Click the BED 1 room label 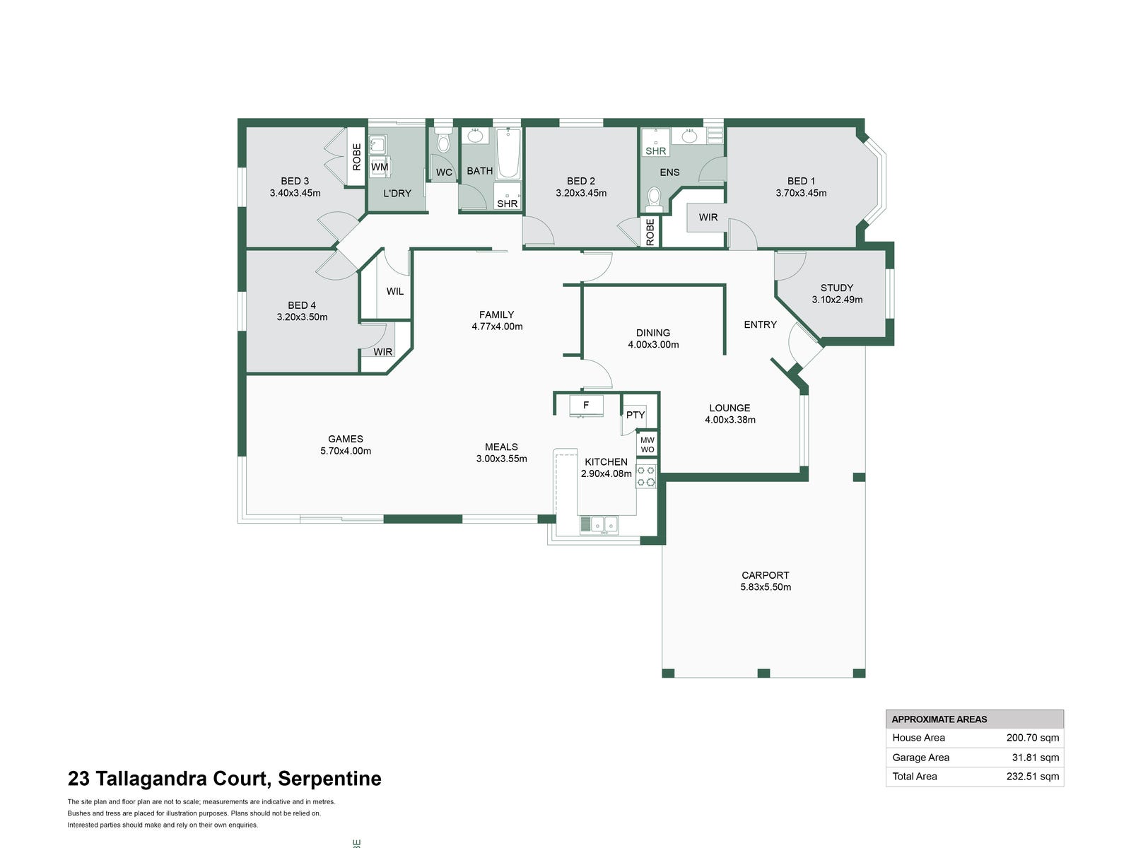click(801, 181)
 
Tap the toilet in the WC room click(443, 143)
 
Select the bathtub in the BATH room click(508, 153)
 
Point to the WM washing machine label click(380, 167)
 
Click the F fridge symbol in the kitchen click(586, 406)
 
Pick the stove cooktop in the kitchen click(646, 476)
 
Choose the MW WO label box click(647, 444)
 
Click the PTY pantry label click(635, 415)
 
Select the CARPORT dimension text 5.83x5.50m click(766, 587)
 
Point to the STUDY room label click(837, 288)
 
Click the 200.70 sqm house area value click(1033, 738)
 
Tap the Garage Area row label click(920, 758)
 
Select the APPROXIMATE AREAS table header click(939, 719)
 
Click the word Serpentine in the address click(329, 779)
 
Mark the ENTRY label click(761, 324)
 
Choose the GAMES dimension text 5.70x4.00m click(346, 451)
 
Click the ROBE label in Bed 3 click(357, 157)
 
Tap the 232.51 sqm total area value click(1033, 777)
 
